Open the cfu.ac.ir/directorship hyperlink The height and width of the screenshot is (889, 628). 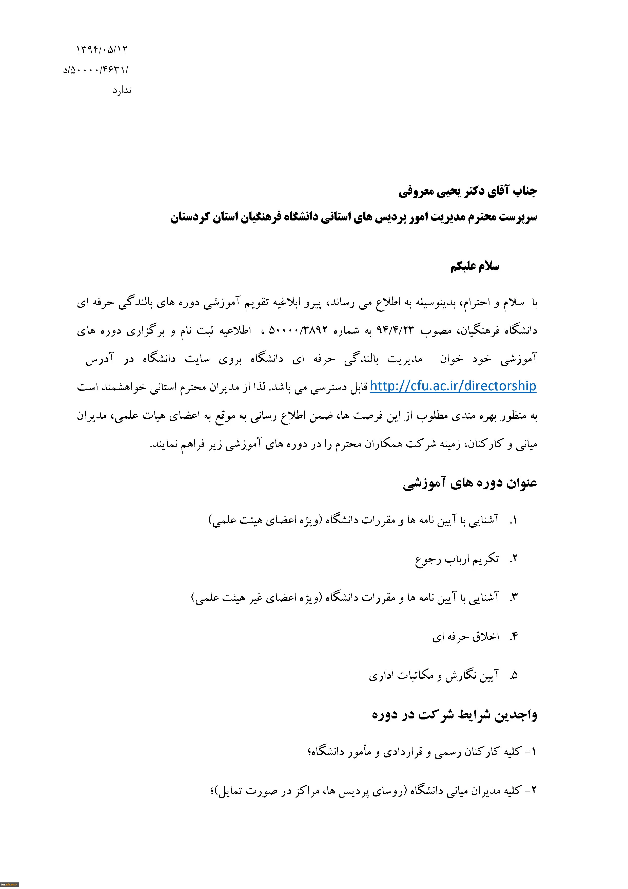coord(453,386)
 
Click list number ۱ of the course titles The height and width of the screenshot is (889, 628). coord(514,520)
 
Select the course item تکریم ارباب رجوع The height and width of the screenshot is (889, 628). coord(457,559)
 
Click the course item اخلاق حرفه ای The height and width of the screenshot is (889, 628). coord(466,637)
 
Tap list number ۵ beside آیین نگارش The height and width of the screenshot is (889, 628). coord(514,676)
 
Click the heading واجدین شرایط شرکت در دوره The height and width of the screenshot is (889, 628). coord(454,715)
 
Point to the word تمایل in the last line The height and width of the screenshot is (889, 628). coord(231,791)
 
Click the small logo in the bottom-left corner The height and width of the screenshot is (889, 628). coord(9,885)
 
